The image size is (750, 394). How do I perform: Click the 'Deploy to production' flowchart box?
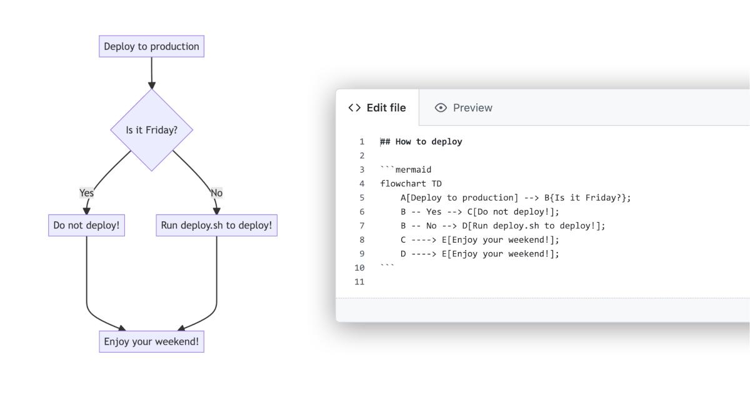[151, 46]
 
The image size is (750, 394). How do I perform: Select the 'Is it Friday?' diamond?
[151, 130]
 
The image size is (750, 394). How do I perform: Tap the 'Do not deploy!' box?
[86, 225]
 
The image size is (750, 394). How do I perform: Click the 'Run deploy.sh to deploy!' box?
[216, 225]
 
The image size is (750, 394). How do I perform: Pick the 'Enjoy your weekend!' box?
[151, 341]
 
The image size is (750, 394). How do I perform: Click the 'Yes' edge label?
[86, 193]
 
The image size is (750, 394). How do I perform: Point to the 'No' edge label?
[216, 193]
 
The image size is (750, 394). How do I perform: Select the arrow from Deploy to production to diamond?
[151, 74]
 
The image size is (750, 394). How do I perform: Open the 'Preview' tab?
[472, 108]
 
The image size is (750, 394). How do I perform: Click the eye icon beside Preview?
[441, 108]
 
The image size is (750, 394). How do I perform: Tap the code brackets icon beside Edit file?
[354, 108]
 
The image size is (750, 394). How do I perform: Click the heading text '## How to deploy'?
[421, 141]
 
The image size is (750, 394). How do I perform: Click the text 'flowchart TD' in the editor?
[411, 183]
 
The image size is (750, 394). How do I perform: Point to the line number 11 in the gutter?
[359, 281]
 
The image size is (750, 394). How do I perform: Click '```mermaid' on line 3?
[406, 169]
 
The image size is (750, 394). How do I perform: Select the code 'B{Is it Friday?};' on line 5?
[587, 198]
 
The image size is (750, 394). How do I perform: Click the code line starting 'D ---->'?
[479, 253]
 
